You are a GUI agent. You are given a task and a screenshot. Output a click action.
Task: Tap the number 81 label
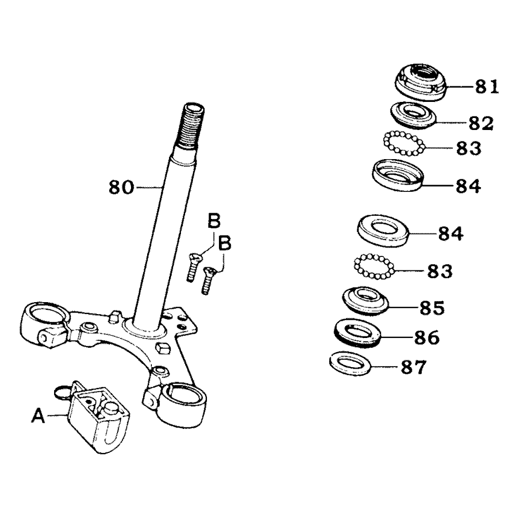click(486, 87)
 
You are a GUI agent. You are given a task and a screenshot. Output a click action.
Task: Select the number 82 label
click(479, 123)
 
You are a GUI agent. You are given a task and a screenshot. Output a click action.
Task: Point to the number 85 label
click(431, 308)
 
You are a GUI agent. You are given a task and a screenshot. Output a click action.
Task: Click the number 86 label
click(426, 337)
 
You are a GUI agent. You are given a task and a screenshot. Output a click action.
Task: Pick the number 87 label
click(413, 368)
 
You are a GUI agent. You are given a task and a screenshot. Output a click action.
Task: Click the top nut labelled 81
click(422, 81)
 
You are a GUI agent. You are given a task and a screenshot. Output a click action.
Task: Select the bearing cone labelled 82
click(411, 115)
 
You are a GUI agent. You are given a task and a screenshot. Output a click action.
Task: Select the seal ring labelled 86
click(357, 332)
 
